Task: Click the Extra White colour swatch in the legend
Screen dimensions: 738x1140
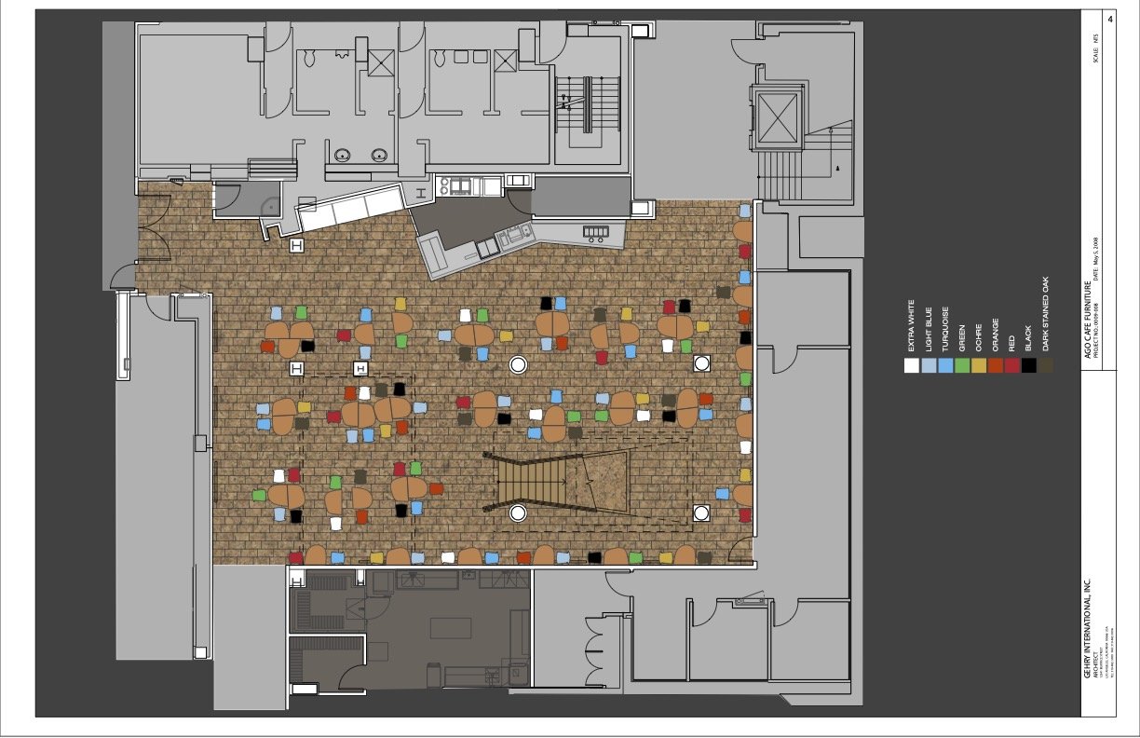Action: click(x=911, y=365)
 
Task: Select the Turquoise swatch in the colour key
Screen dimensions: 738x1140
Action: click(x=944, y=365)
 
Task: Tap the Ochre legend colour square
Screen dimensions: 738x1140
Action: click(x=978, y=365)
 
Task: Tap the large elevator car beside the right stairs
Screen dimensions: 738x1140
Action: click(x=779, y=117)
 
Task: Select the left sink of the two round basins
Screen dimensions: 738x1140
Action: click(x=343, y=156)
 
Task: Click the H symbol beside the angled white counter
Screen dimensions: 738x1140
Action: click(x=297, y=245)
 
